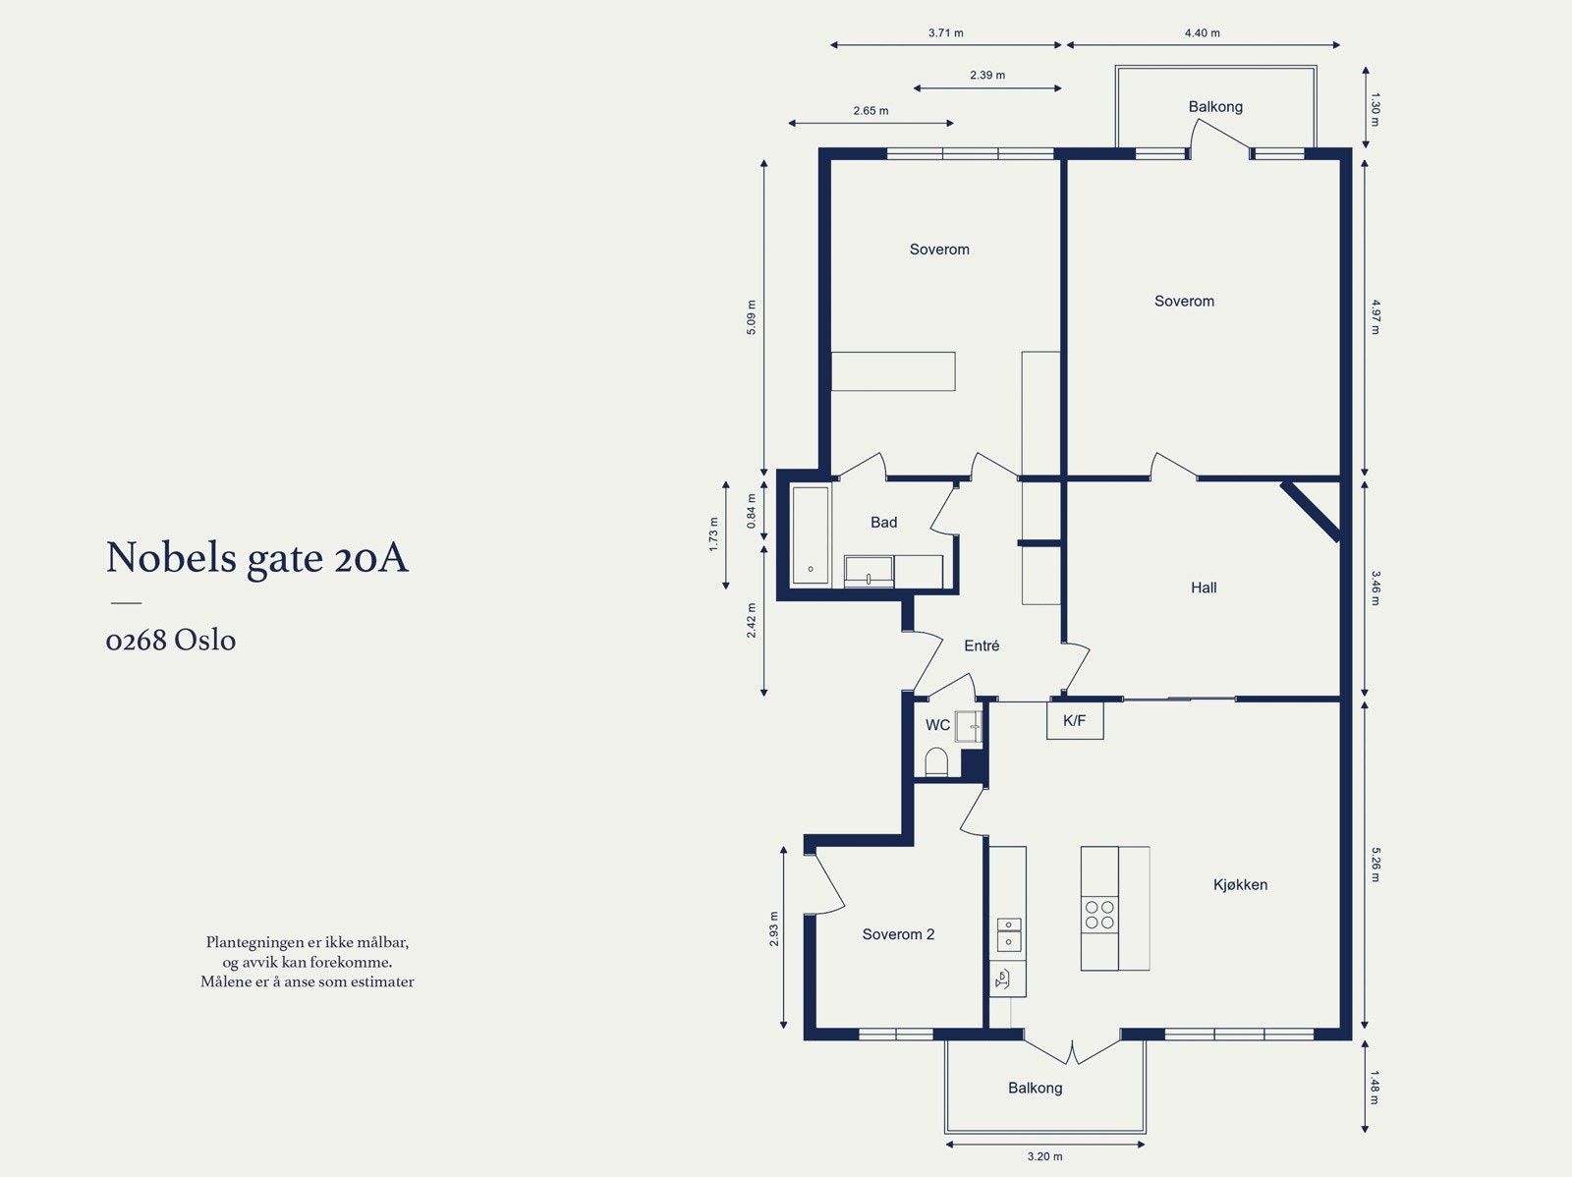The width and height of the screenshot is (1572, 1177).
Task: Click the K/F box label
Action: click(1074, 721)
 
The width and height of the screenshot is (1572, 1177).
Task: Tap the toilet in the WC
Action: click(936, 762)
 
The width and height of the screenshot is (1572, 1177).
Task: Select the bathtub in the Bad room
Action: click(811, 535)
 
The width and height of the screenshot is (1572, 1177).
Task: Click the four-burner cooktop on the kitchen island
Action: click(1099, 915)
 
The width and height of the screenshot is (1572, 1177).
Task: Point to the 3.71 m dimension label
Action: click(945, 32)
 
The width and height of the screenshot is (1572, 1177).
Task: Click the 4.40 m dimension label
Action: click(1202, 32)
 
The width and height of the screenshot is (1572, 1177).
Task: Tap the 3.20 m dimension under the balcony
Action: click(1044, 1156)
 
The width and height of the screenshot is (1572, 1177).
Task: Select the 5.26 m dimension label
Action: click(1375, 864)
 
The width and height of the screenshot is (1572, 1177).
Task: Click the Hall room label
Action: click(1204, 588)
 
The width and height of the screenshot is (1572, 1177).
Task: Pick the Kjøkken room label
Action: click(1240, 884)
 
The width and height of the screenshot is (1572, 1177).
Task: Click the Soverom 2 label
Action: click(898, 934)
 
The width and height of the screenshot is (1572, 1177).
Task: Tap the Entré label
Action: click(982, 645)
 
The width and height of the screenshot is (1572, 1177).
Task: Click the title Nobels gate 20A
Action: click(256, 558)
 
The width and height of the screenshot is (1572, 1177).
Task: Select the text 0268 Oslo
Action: click(171, 641)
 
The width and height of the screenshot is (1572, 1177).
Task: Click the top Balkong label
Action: click(1215, 106)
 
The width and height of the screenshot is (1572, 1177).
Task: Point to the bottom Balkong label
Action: click(1035, 1088)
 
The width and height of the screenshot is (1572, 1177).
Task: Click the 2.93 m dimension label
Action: click(774, 928)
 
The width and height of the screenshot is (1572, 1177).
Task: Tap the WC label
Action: click(937, 725)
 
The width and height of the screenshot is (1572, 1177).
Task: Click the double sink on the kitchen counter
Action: click(1009, 934)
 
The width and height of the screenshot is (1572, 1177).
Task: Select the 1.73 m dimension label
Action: click(714, 534)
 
